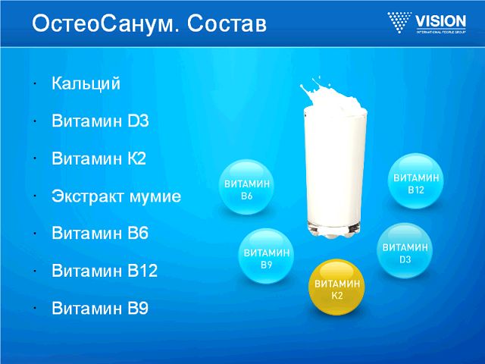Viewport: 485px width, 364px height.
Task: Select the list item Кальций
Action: (86, 84)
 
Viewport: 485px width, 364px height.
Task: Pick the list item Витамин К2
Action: (99, 158)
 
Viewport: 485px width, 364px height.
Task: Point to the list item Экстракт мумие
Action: (117, 196)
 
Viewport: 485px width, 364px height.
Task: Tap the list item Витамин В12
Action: (105, 271)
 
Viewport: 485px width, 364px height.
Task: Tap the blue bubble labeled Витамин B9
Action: (266, 257)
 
